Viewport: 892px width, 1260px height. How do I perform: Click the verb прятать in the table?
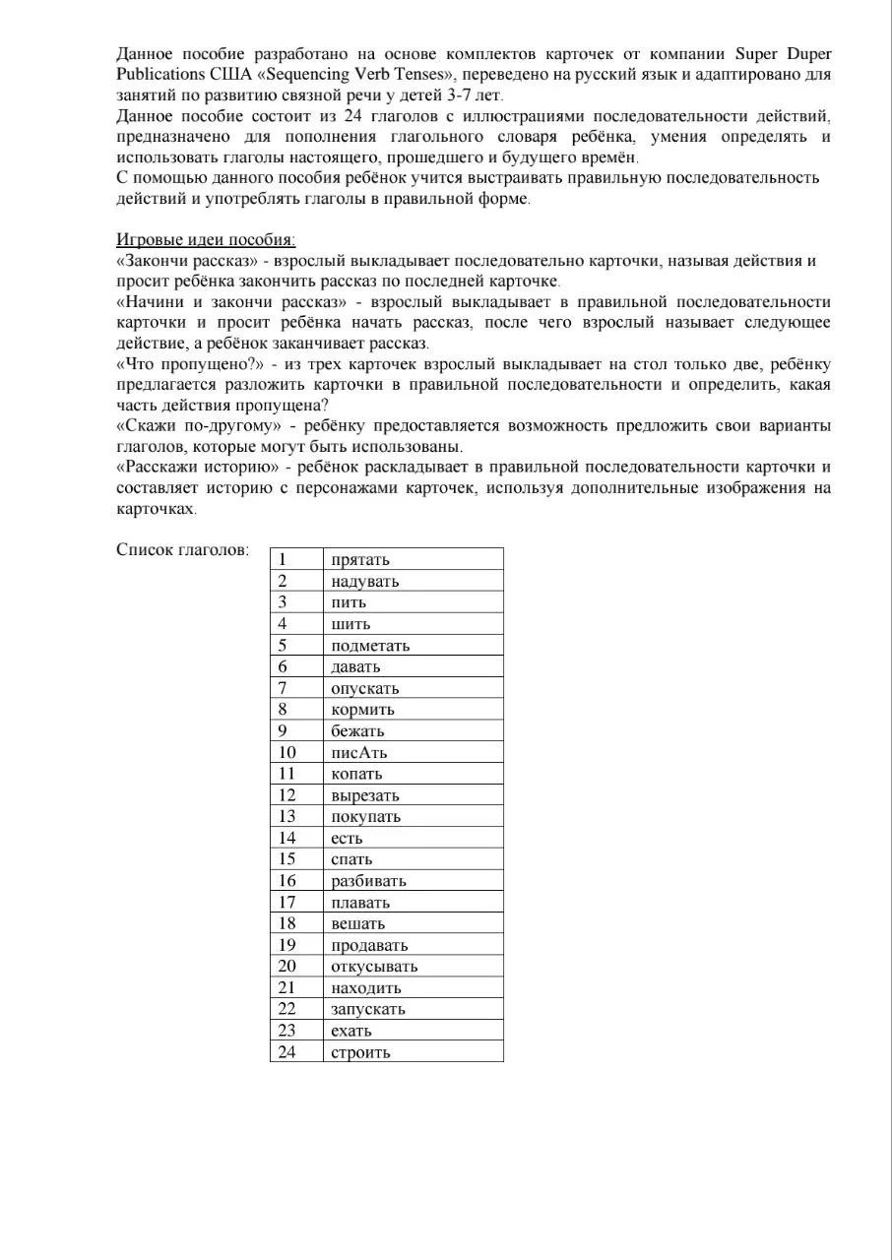click(x=360, y=560)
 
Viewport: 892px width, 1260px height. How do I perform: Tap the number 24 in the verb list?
click(x=287, y=1052)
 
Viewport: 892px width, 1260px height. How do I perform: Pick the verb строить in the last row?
click(x=360, y=1052)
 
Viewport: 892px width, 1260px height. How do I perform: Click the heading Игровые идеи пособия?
click(x=206, y=239)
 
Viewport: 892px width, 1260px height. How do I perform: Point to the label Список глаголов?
click(x=182, y=550)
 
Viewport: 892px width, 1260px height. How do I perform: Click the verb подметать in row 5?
click(x=370, y=646)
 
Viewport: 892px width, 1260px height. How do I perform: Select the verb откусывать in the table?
click(x=374, y=967)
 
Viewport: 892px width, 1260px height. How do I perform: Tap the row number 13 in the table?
click(x=287, y=817)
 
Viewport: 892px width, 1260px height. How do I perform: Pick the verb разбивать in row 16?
click(x=368, y=881)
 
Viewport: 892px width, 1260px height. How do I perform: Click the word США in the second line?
click(x=226, y=75)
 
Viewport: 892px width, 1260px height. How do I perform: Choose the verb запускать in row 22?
click(x=368, y=1009)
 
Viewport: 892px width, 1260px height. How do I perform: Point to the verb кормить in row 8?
click(x=362, y=710)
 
